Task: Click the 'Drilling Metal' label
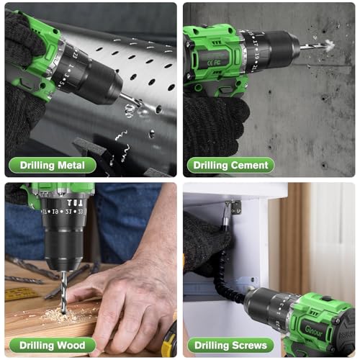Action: pos(48,166)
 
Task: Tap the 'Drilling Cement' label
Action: pos(230,166)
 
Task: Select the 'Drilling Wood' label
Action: pos(47,346)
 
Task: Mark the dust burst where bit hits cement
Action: pos(328,45)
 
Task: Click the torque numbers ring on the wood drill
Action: pos(61,212)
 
